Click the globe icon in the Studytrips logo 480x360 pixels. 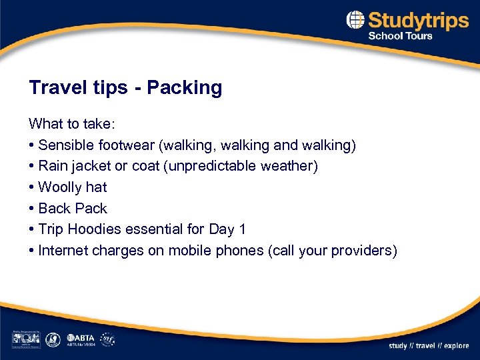356,20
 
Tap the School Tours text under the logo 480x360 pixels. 400,36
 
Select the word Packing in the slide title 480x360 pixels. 184,88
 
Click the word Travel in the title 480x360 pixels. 51,88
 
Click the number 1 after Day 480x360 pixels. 242,229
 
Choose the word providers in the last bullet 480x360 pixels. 364,251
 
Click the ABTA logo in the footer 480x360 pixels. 79,337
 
